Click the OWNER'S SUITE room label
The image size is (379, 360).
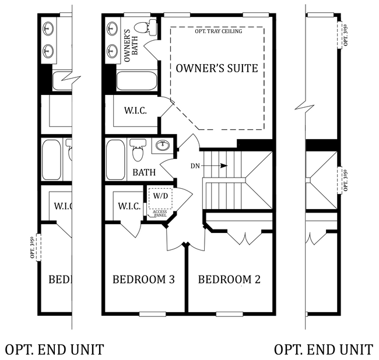[217, 68]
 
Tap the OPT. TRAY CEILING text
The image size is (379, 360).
[219, 31]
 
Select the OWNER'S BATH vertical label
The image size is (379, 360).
[131, 45]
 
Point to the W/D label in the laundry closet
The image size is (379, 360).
[160, 196]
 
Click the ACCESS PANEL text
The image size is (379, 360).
[160, 213]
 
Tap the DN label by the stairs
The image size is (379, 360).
[195, 166]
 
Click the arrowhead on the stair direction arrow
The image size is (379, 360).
[224, 165]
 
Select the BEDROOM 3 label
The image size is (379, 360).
[143, 280]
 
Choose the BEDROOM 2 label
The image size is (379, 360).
[229, 280]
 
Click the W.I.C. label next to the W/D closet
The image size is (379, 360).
[129, 206]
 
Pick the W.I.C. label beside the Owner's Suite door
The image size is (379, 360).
[135, 111]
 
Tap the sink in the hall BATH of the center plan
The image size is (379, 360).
[163, 146]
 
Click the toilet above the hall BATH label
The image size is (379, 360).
[138, 150]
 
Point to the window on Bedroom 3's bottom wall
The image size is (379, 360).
[153, 314]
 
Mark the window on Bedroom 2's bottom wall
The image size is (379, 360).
[229, 314]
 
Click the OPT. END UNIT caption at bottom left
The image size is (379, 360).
[54, 350]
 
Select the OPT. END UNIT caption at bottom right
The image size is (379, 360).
[324, 350]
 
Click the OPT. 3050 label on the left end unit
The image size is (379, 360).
[33, 248]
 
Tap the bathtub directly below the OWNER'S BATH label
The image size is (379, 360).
[137, 81]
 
